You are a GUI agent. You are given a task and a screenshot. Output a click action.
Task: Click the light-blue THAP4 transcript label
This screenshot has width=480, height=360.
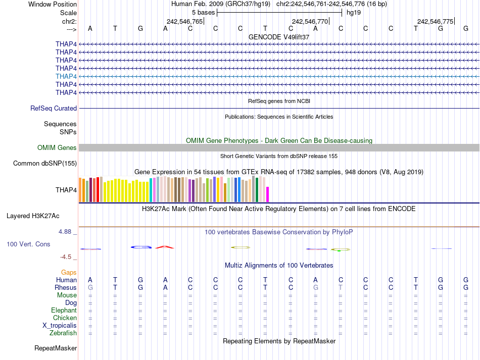click(x=66, y=76)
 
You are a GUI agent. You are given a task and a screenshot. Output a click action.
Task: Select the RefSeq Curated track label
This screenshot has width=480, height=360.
click(x=54, y=108)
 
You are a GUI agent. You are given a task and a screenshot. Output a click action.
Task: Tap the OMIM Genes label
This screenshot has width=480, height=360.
click(x=57, y=148)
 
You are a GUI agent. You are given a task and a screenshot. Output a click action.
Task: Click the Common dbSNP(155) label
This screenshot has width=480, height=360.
click(x=45, y=163)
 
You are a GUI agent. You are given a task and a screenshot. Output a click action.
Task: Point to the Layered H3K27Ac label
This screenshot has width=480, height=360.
click(x=33, y=216)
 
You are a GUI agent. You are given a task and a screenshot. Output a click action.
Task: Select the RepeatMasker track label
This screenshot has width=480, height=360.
click(x=56, y=348)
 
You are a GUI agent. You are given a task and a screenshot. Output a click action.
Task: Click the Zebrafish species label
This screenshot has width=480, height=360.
click(x=63, y=333)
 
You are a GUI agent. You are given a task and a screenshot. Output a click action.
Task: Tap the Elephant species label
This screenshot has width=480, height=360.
click(x=64, y=311)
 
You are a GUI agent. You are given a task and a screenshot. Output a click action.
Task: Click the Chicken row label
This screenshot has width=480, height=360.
click(x=65, y=318)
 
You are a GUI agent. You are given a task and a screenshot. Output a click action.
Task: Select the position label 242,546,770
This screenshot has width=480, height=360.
click(x=310, y=21)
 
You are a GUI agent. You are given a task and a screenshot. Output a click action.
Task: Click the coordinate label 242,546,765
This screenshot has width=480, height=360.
click(x=184, y=21)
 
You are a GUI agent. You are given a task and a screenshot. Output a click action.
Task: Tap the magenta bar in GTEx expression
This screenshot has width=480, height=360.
click(x=268, y=194)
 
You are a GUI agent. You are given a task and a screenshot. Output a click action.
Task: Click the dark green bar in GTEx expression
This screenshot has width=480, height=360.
click(x=257, y=190)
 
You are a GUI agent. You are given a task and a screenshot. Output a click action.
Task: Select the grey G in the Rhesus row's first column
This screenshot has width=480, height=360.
click(x=90, y=288)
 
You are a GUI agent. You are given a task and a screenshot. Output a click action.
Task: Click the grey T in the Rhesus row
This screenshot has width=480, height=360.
click(x=341, y=288)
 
